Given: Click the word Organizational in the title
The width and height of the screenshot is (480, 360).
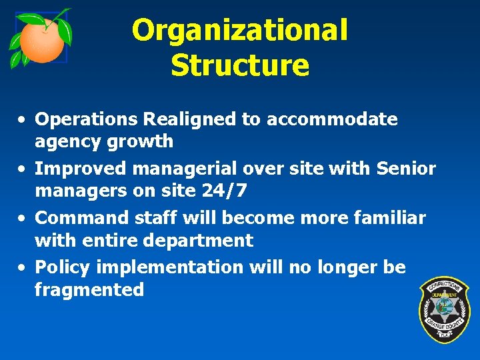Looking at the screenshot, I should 239,31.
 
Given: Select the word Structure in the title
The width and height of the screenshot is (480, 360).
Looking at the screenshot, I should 239,65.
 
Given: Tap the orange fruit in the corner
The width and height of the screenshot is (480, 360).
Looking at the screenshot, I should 41,41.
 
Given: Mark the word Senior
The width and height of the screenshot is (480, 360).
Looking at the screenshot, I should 405,169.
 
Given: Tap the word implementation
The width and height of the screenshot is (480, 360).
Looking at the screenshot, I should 170,267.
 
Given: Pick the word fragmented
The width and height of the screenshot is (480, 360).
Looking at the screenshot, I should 89,290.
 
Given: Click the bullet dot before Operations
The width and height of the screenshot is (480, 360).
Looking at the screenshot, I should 23,120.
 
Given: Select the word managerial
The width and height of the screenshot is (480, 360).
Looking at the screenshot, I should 174,169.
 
